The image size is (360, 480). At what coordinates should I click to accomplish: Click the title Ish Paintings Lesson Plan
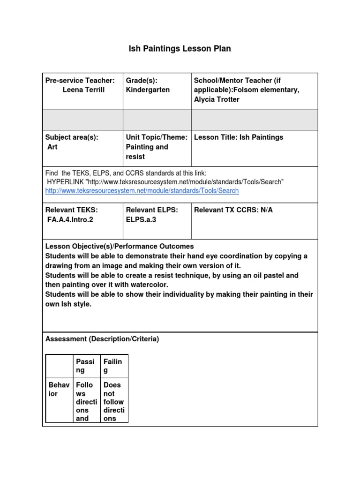coord(180,48)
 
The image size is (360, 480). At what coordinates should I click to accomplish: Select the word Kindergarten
coord(148,90)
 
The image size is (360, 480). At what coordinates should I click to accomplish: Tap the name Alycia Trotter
coord(217,99)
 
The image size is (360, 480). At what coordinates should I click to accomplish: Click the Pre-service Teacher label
coord(80,81)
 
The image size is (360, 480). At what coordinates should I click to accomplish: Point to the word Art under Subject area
coord(52,147)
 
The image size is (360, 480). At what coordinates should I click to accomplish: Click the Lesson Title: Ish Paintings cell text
coord(239,137)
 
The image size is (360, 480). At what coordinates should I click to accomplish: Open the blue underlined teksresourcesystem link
coord(142,191)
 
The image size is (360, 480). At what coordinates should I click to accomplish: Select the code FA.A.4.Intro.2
coord(70,219)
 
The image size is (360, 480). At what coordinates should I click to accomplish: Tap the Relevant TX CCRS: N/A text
coord(233,210)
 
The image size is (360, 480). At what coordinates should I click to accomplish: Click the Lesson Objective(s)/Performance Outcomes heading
coord(119,246)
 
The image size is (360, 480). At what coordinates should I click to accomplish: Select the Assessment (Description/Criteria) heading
coord(102,339)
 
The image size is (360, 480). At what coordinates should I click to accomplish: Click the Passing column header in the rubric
coord(85,366)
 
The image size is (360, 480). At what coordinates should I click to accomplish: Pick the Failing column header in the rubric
coord(112,366)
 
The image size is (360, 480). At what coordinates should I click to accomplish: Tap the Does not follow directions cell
coord(113,401)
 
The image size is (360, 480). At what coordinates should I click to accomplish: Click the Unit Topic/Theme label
coord(157,137)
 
